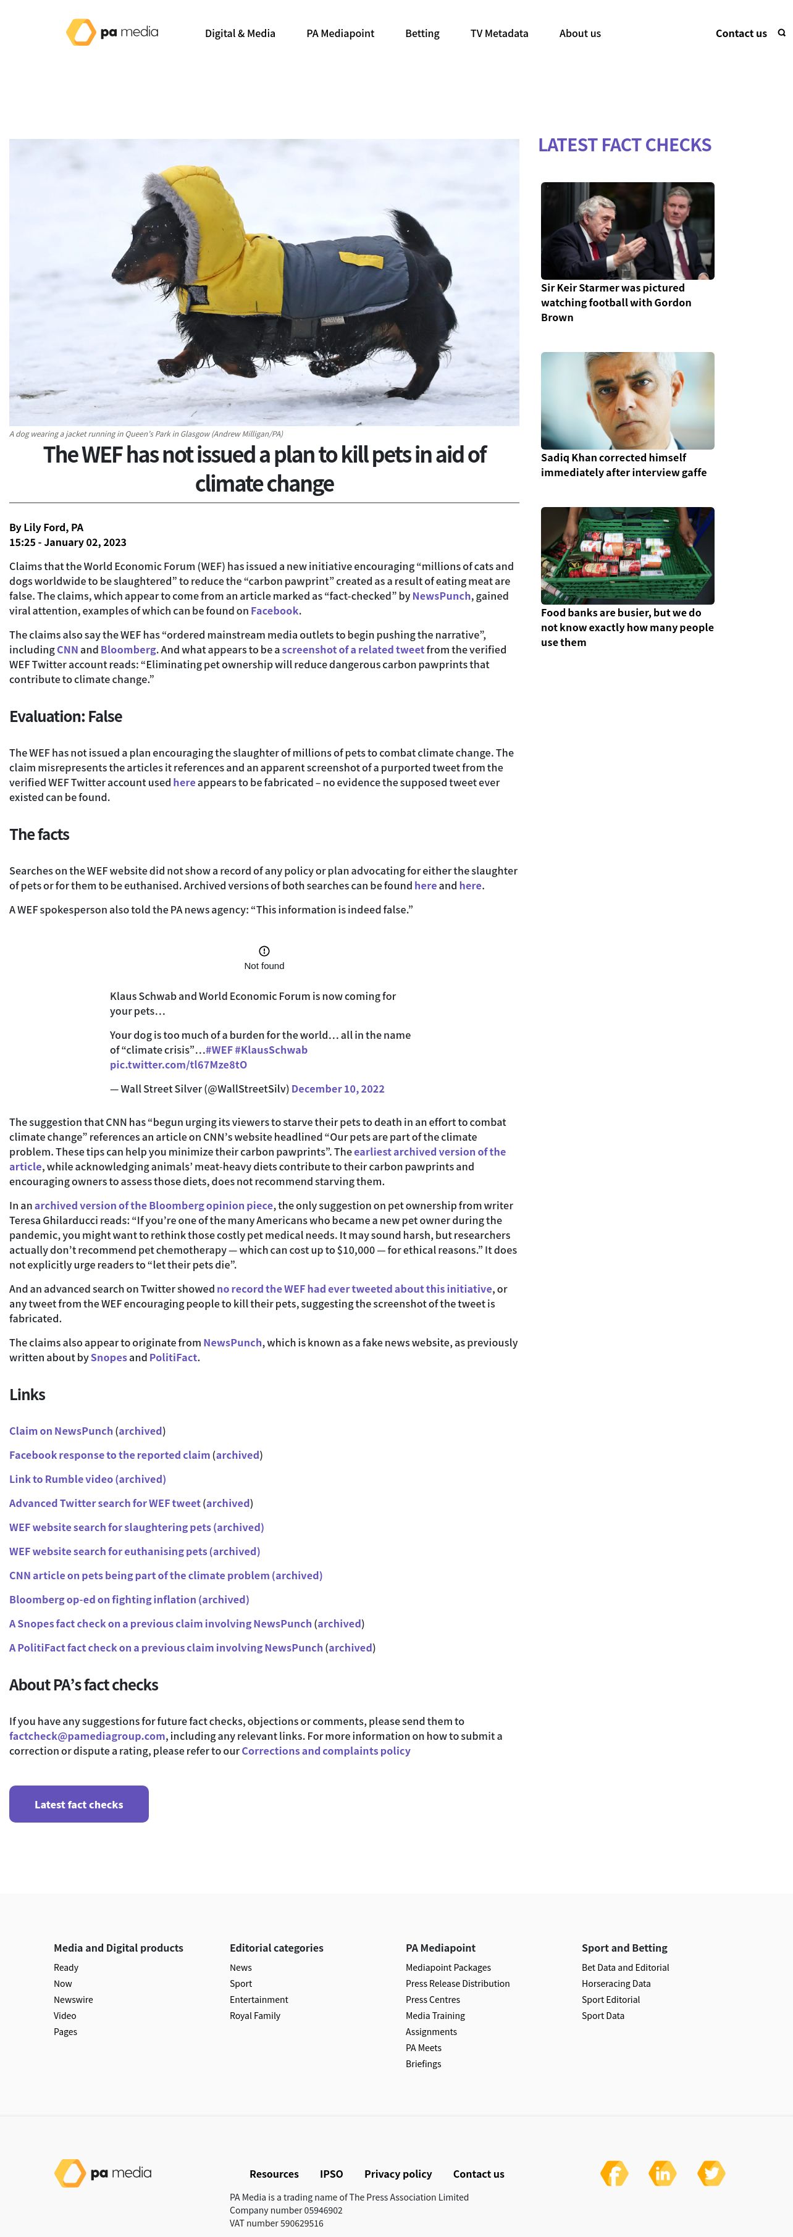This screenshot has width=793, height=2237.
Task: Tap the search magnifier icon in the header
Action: pos(781,33)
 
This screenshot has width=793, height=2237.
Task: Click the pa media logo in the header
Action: pos(112,33)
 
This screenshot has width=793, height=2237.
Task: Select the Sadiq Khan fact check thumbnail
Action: pos(627,400)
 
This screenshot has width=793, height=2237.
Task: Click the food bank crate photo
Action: pos(627,556)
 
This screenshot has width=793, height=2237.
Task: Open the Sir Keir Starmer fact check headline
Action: pos(616,302)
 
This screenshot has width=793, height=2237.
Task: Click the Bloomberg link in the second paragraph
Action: pos(128,650)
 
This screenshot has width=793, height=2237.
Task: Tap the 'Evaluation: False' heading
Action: pos(66,716)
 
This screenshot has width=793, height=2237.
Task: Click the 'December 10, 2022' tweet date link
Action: pos(337,1089)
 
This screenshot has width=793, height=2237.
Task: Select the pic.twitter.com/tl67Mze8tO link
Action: pos(178,1065)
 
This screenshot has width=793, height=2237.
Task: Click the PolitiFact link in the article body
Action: pos(173,1358)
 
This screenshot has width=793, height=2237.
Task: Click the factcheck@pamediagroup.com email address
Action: pos(87,1736)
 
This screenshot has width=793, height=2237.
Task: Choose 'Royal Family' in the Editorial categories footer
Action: pos(254,2015)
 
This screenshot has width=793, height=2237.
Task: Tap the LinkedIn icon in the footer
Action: pos(662,2173)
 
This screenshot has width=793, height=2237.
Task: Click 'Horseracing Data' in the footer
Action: pos(615,1983)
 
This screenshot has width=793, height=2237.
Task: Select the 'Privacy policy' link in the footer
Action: pos(398,2173)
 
